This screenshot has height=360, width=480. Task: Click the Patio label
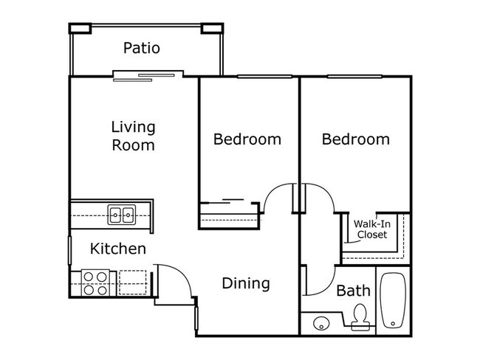(x=141, y=49)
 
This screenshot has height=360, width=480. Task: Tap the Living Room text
(x=133, y=136)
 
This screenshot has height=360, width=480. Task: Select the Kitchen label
(x=117, y=249)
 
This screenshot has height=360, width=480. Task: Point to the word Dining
(x=246, y=283)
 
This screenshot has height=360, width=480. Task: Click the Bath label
(x=353, y=291)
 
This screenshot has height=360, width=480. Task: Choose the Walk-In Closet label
(x=371, y=229)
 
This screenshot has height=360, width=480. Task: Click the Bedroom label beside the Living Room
(x=247, y=139)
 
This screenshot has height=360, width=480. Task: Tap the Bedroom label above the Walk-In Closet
(x=356, y=139)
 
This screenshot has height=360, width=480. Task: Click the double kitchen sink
(x=122, y=215)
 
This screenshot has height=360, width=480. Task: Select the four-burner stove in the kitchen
(x=95, y=283)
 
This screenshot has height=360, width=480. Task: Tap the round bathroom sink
(x=320, y=323)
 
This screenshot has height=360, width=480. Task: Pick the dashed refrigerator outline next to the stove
(x=133, y=283)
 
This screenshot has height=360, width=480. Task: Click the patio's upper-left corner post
(x=80, y=28)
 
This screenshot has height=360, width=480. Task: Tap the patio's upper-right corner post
(x=210, y=28)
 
